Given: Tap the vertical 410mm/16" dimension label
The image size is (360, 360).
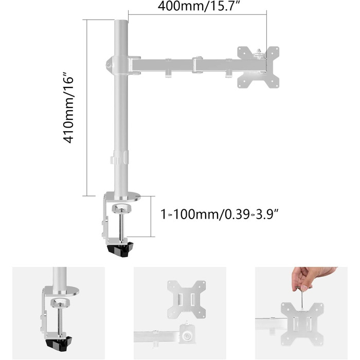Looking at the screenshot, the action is pyautogui.click(x=68, y=108).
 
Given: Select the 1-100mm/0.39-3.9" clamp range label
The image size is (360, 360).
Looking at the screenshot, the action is pyautogui.click(x=219, y=214).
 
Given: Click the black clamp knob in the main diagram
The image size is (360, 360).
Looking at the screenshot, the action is pyautogui.click(x=120, y=249).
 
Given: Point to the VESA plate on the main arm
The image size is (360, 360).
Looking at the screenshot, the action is pyautogui.click(x=258, y=67).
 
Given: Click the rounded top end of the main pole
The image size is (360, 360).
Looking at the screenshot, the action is pyautogui.click(x=121, y=22).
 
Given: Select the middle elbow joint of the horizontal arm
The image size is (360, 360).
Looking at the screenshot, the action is pyautogui.click(x=197, y=65).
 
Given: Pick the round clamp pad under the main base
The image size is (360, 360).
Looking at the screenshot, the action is pyautogui.click(x=121, y=208).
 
